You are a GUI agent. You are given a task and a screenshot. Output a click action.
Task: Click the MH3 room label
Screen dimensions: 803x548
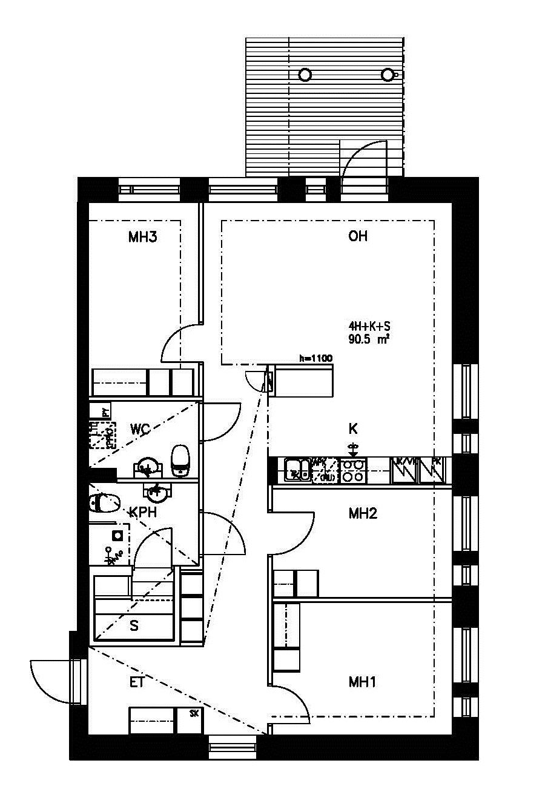pos(143,237)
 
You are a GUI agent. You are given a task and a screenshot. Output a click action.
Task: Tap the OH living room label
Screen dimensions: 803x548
pos(358,236)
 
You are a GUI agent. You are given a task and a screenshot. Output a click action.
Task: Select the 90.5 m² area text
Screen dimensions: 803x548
pos(368,340)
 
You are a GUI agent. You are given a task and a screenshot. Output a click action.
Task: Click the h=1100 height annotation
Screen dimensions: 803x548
pos(316,359)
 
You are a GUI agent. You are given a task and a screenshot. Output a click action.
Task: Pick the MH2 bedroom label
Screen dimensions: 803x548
pos(363,514)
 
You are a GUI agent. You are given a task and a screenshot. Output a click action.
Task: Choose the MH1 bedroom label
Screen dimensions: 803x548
pos(363,682)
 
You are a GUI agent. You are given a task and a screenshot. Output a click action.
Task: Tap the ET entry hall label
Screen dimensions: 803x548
pos(137,682)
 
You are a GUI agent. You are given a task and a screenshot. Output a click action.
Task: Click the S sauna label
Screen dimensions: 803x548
pos(134,626)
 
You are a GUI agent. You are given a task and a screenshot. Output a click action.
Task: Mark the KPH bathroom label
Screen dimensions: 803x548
pos(144,513)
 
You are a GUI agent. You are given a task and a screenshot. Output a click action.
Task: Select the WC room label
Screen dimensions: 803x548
pos(140,430)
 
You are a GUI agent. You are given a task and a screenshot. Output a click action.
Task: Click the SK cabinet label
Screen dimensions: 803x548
pos(194,713)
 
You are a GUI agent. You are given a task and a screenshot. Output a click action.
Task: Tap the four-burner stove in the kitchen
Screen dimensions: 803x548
pos(353,471)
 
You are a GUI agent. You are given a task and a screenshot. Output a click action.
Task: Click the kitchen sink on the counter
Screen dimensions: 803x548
pos(298,470)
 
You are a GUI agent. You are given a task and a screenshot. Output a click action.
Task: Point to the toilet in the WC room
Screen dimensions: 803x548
pos(180,460)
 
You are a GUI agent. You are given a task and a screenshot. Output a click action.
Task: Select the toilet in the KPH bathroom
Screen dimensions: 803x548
pos(104,503)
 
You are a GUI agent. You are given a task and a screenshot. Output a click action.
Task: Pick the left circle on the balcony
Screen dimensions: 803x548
pos(305,75)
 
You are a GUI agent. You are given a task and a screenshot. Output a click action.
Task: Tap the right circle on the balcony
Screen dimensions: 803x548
pos(388,75)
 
